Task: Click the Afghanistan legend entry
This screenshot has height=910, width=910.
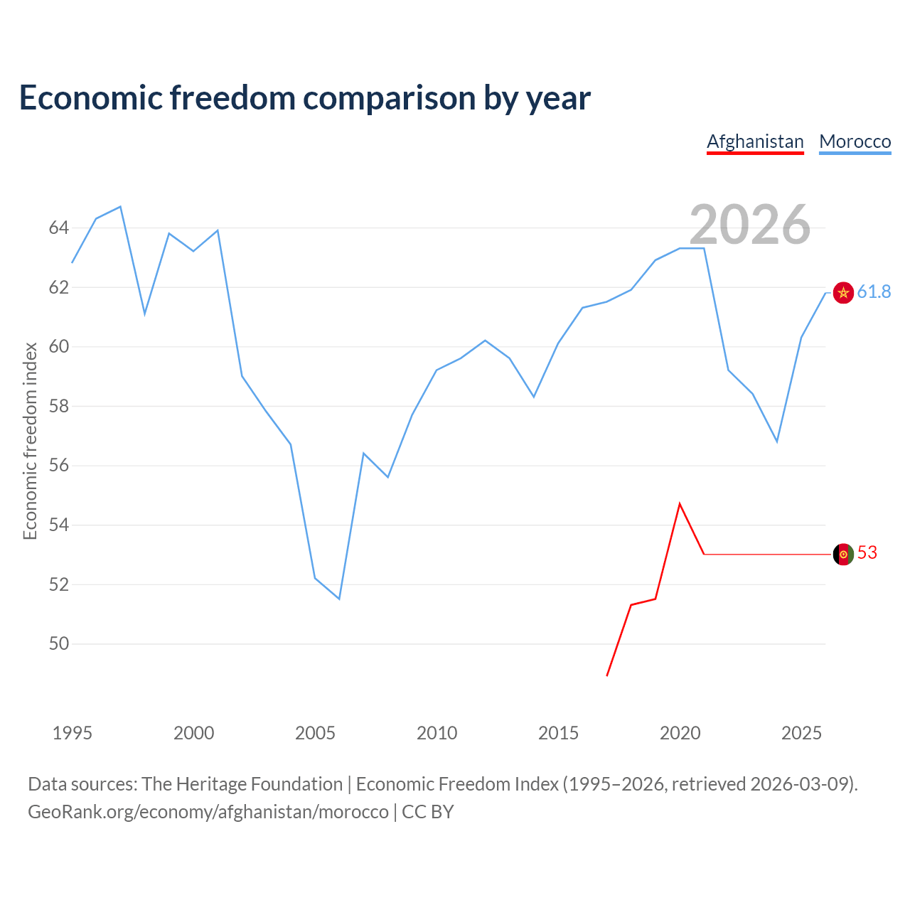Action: click(755, 142)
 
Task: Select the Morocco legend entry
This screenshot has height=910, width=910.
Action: click(855, 142)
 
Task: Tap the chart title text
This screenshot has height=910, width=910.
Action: click(305, 98)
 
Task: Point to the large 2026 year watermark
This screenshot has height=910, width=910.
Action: click(749, 225)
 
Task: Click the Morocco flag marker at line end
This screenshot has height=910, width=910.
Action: click(843, 293)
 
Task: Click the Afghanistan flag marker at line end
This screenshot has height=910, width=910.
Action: click(843, 554)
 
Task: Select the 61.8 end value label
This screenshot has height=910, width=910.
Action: click(874, 292)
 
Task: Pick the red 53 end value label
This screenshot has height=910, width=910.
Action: click(867, 553)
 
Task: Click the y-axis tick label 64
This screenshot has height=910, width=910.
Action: click(58, 228)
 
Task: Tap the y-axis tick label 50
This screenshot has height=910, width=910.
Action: click(58, 644)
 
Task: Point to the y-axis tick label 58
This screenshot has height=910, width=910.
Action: click(58, 407)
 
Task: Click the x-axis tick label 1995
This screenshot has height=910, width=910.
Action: click(73, 733)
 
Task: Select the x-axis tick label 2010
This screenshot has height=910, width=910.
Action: click(437, 733)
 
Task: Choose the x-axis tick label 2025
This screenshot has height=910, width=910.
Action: click(801, 733)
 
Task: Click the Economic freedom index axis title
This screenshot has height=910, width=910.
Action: click(30, 441)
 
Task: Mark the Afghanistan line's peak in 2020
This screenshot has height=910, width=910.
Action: click(680, 504)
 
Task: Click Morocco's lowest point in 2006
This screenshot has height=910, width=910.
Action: click(339, 599)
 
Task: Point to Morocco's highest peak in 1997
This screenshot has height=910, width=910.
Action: click(121, 207)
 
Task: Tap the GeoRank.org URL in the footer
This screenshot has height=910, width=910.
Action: click(208, 812)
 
